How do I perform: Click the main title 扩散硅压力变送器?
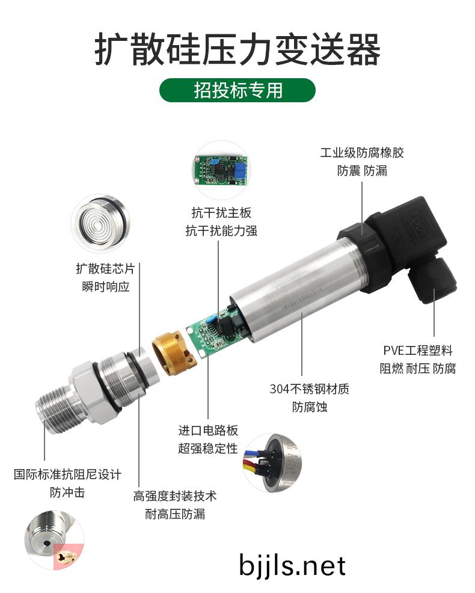point(237,50)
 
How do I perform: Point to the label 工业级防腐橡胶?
point(362,153)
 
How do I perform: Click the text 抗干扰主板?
point(221,212)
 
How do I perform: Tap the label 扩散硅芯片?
point(105,268)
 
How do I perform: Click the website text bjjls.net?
point(292,565)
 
